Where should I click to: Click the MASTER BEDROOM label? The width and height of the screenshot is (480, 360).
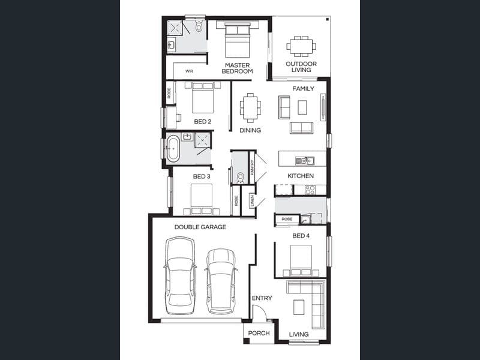coord(237,68)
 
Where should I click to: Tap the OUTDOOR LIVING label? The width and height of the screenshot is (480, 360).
coord(301,67)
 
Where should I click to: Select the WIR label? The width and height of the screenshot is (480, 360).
coord(189,71)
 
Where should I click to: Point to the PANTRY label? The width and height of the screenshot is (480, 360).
coord(252,167)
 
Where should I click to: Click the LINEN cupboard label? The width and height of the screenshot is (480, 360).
coord(252,201)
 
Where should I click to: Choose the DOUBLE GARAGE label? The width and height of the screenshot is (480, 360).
coord(200,227)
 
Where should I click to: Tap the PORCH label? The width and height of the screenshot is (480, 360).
coord(259,333)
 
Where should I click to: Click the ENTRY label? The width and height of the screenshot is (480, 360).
coord(262,298)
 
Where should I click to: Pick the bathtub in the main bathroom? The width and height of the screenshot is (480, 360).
coord(173,148)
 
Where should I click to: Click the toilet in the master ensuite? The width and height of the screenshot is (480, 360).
coord(199,26)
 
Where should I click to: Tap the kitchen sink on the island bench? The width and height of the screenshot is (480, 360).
coord(305,161)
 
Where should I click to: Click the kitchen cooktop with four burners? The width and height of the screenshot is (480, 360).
coord(310,190)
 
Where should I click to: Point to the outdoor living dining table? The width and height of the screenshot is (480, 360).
coord(301,46)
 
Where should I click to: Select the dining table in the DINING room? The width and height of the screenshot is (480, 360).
coord(250,107)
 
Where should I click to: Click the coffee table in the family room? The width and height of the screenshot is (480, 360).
coord(302,107)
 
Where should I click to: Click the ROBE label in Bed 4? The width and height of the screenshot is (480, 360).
coord(287,219)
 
